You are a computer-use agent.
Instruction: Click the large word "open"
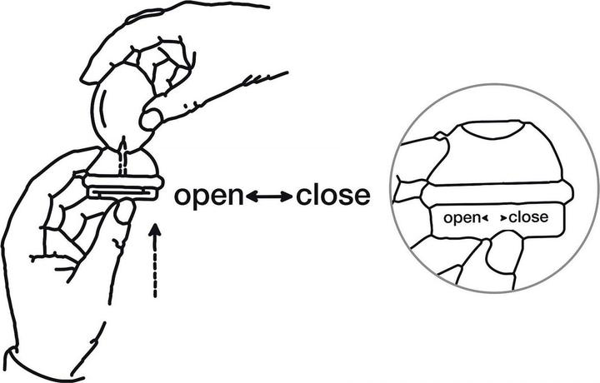208,197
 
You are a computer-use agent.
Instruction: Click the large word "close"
332,196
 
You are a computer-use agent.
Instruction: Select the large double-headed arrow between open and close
269,196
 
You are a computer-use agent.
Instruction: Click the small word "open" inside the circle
461,219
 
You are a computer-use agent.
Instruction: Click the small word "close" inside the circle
528,217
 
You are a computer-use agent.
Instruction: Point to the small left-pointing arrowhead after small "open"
484,218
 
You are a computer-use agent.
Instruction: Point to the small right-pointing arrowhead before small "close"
503,218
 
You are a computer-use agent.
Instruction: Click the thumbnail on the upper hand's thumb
151,119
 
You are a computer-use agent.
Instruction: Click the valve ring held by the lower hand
123,182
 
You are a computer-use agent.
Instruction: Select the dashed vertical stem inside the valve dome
122,157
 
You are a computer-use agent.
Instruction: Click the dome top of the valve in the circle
493,153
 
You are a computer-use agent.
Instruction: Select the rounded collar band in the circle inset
497,194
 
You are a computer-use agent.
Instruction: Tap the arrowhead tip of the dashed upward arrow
155,225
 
